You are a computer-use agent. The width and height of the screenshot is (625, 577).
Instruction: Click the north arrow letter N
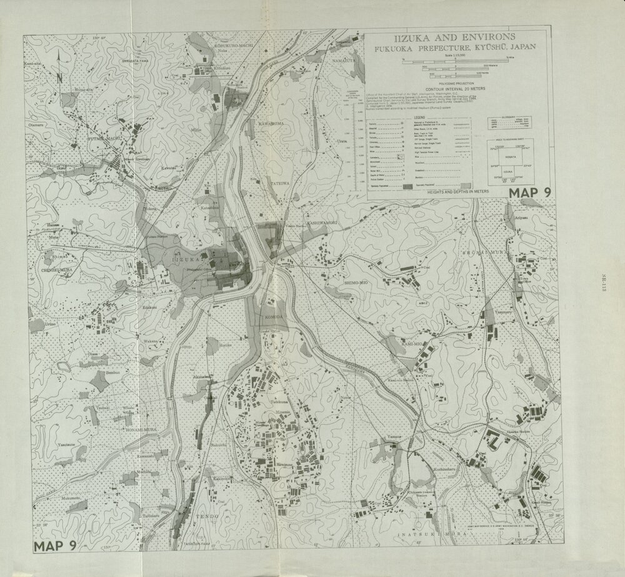tap(59, 78)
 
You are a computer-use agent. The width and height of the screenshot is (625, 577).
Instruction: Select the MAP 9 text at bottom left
tap(56, 545)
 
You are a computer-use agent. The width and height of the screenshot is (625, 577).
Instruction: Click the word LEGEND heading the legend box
tap(416, 118)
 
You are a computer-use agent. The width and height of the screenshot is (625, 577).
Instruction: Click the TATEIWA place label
tap(278, 183)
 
